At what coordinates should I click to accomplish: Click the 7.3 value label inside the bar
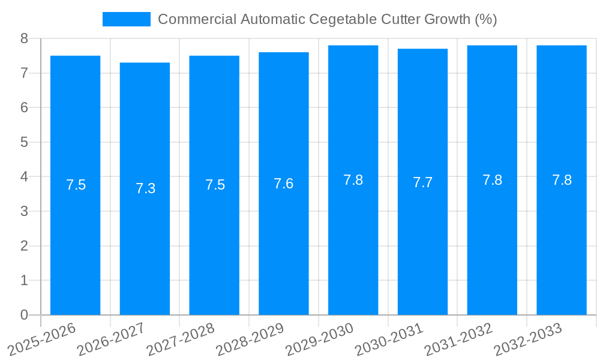tap(145, 188)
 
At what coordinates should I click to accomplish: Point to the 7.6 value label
tap(284, 184)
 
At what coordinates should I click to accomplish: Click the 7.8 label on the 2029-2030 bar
tap(353, 180)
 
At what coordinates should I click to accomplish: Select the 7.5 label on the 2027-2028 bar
tap(215, 185)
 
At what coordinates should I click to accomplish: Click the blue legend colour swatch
tap(126, 19)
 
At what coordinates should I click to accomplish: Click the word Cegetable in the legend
tap(344, 19)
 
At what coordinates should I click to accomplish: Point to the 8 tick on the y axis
tap(24, 38)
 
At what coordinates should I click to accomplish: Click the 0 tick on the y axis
tap(24, 315)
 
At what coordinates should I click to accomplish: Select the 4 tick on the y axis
tap(24, 177)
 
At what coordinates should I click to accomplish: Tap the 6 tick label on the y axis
tap(24, 108)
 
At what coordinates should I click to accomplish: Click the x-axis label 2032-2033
tap(528, 339)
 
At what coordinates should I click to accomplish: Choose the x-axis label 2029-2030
tap(320, 339)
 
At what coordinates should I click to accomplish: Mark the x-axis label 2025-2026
tap(42, 339)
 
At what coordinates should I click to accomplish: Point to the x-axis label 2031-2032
tap(459, 339)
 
